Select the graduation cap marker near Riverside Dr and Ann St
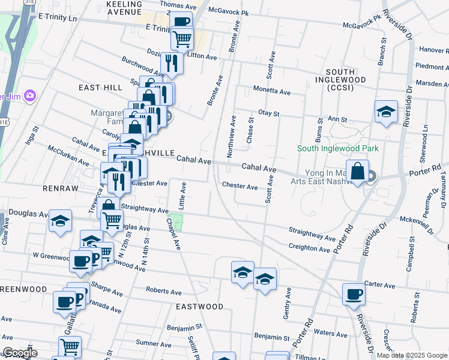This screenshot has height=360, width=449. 386,112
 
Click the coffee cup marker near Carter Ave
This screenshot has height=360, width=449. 354,294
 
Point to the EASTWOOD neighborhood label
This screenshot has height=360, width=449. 199,307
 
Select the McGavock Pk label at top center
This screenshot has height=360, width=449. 228,11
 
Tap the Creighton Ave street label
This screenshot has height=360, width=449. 309,247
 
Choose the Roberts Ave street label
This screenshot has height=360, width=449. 163,292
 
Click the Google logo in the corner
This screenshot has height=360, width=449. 19,353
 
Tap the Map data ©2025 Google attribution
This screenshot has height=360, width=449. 411,355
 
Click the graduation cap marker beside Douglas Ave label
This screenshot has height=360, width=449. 60,220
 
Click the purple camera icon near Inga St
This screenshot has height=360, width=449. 28,95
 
